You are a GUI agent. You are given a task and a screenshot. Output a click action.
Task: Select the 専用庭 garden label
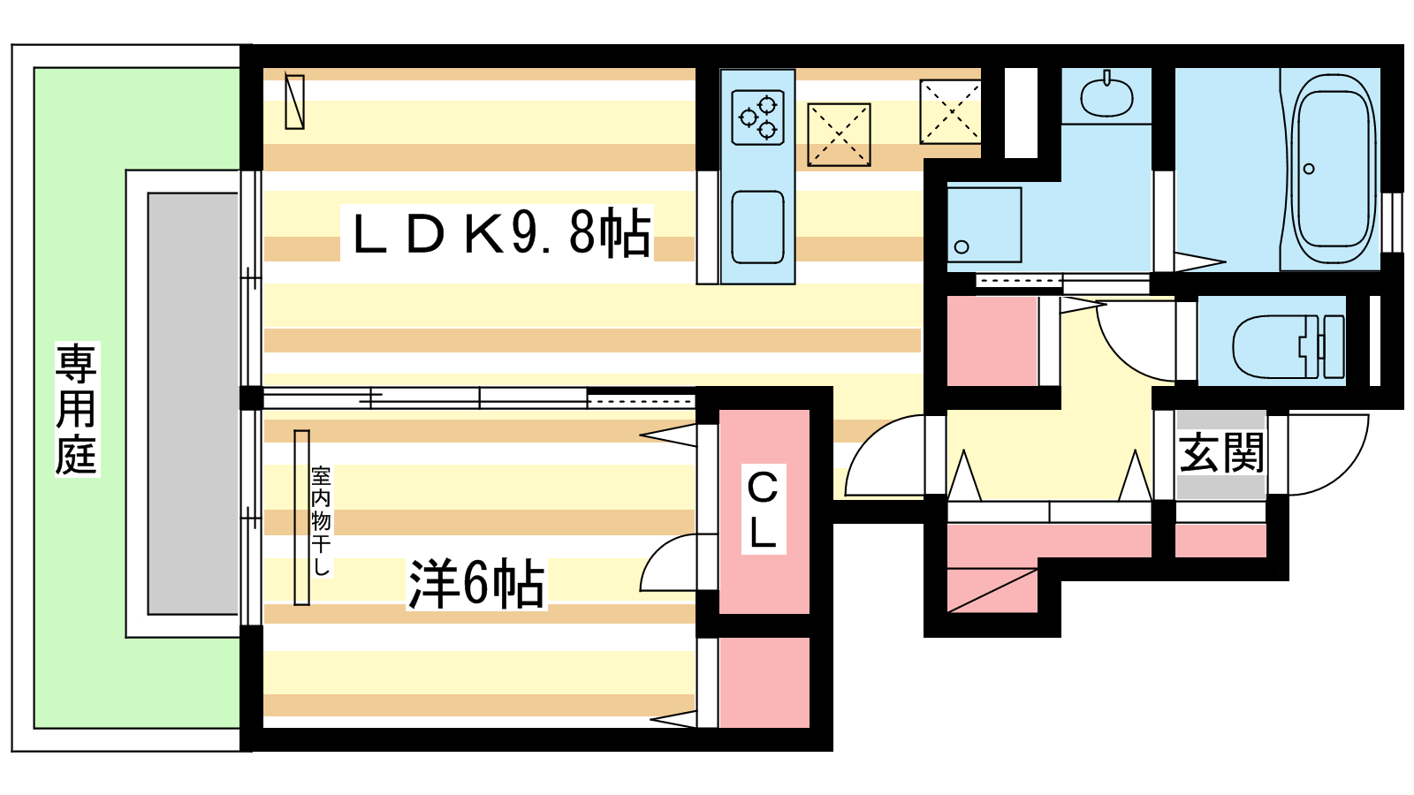(76, 409)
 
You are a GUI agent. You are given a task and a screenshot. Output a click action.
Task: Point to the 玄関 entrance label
(1221, 452)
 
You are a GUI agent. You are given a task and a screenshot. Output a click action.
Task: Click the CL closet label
(763, 509)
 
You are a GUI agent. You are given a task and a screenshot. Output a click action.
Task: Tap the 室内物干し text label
(322, 520)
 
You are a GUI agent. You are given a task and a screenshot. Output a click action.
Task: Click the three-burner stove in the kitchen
(757, 117)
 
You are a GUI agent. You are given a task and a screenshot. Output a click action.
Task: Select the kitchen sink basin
(757, 227)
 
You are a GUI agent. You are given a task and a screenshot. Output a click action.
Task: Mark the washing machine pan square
(984, 224)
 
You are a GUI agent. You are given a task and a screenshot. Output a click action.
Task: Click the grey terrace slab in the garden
(193, 404)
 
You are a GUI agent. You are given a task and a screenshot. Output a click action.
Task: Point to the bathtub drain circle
(1309, 169)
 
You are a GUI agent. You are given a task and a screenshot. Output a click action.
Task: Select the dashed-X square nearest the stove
(839, 135)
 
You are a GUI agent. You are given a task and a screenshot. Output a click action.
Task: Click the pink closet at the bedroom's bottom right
(764, 682)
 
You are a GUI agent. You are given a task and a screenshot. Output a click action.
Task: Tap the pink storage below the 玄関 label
(1220, 541)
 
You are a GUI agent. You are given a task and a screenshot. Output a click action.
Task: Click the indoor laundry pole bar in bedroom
(301, 518)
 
